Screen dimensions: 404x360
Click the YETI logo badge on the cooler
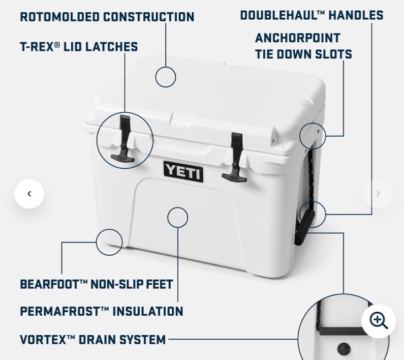[183, 171]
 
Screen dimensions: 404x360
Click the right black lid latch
[235, 157]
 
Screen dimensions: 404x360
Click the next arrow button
[378, 194]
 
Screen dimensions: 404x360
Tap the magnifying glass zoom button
[378, 321]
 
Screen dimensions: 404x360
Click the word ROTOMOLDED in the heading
[60, 17]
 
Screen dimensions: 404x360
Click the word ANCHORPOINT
[298, 38]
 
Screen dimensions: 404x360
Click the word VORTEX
[43, 339]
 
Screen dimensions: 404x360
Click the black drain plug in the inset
[343, 350]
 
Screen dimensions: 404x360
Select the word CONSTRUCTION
[149, 17]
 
